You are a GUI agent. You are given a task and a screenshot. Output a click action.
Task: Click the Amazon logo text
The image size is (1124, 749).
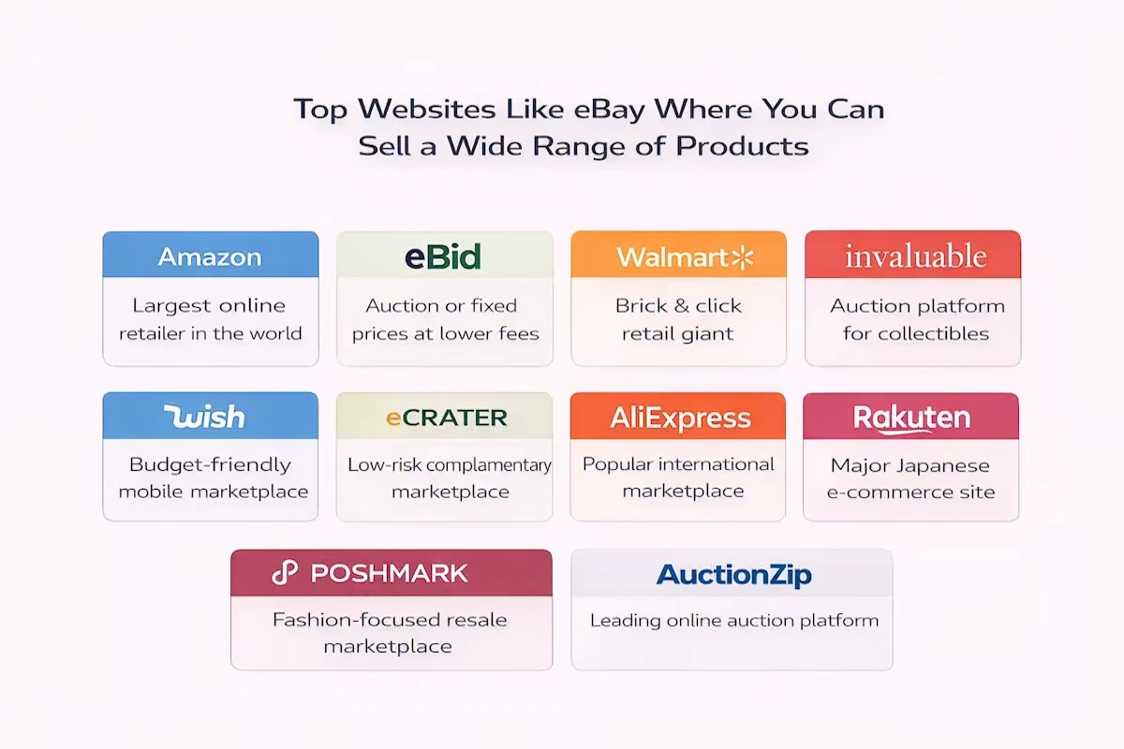[x=210, y=257]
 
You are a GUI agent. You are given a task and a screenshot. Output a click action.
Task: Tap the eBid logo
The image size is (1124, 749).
[x=442, y=257]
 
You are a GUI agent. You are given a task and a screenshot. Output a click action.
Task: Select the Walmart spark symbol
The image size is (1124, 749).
[x=743, y=257]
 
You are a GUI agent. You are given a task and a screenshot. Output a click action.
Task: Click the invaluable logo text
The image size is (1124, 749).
[x=916, y=256]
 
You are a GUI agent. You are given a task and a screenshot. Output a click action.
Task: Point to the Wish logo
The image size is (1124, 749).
[x=204, y=417]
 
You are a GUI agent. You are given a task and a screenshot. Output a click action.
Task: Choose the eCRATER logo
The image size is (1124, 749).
[x=446, y=418]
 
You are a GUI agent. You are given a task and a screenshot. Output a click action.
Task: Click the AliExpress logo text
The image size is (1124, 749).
[x=680, y=418]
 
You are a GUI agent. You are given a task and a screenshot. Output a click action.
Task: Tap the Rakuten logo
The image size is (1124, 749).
[x=911, y=419]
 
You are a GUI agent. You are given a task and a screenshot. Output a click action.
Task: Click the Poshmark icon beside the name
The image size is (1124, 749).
[x=285, y=572]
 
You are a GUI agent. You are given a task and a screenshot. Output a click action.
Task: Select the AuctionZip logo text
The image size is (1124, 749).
[x=733, y=575]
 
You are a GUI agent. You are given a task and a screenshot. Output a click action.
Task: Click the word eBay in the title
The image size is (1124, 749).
[x=609, y=110]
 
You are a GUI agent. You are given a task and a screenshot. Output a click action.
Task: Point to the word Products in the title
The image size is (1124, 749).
[x=742, y=146]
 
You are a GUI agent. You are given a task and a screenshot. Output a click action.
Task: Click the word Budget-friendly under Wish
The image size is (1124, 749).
[x=210, y=465]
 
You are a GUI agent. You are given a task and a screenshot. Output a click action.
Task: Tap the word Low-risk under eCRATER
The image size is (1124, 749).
[x=384, y=465]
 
